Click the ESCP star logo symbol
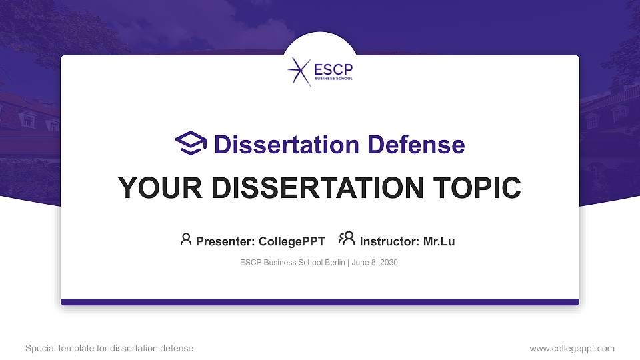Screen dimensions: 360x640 pos(299,72)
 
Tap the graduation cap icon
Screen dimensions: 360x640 pos(191,143)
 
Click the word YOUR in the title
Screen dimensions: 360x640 pos(153,188)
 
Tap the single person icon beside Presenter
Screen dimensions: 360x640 pos(186,239)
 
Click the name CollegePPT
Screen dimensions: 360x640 pos(291,241)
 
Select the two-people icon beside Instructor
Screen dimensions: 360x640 pos(347,239)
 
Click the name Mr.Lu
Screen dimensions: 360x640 pos(439,241)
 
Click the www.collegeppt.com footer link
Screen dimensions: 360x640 pos(572,348)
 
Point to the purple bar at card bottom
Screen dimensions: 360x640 pos(320,302)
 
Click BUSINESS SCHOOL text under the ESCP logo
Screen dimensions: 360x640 pos(332,78)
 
